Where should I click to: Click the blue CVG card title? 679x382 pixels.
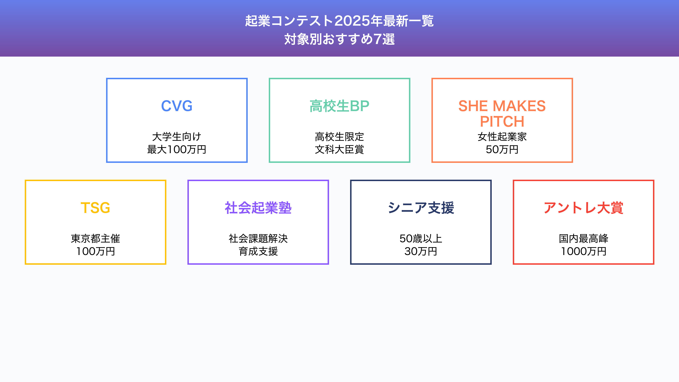177,106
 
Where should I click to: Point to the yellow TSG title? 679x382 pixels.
95,208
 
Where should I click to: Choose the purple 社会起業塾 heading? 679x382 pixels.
258,208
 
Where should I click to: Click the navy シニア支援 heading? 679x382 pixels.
421,208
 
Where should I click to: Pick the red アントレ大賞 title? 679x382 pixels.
584,208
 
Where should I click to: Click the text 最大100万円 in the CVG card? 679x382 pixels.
177,150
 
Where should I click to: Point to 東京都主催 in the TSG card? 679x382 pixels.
95,239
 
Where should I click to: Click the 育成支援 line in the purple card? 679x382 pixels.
258,251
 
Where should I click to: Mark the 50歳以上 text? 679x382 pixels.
421,239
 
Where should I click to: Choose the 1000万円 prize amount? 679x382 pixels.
584,251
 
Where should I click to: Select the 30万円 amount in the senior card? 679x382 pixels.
421,251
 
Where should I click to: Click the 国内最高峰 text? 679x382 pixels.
584,239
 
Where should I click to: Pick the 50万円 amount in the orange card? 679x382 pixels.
502,150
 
